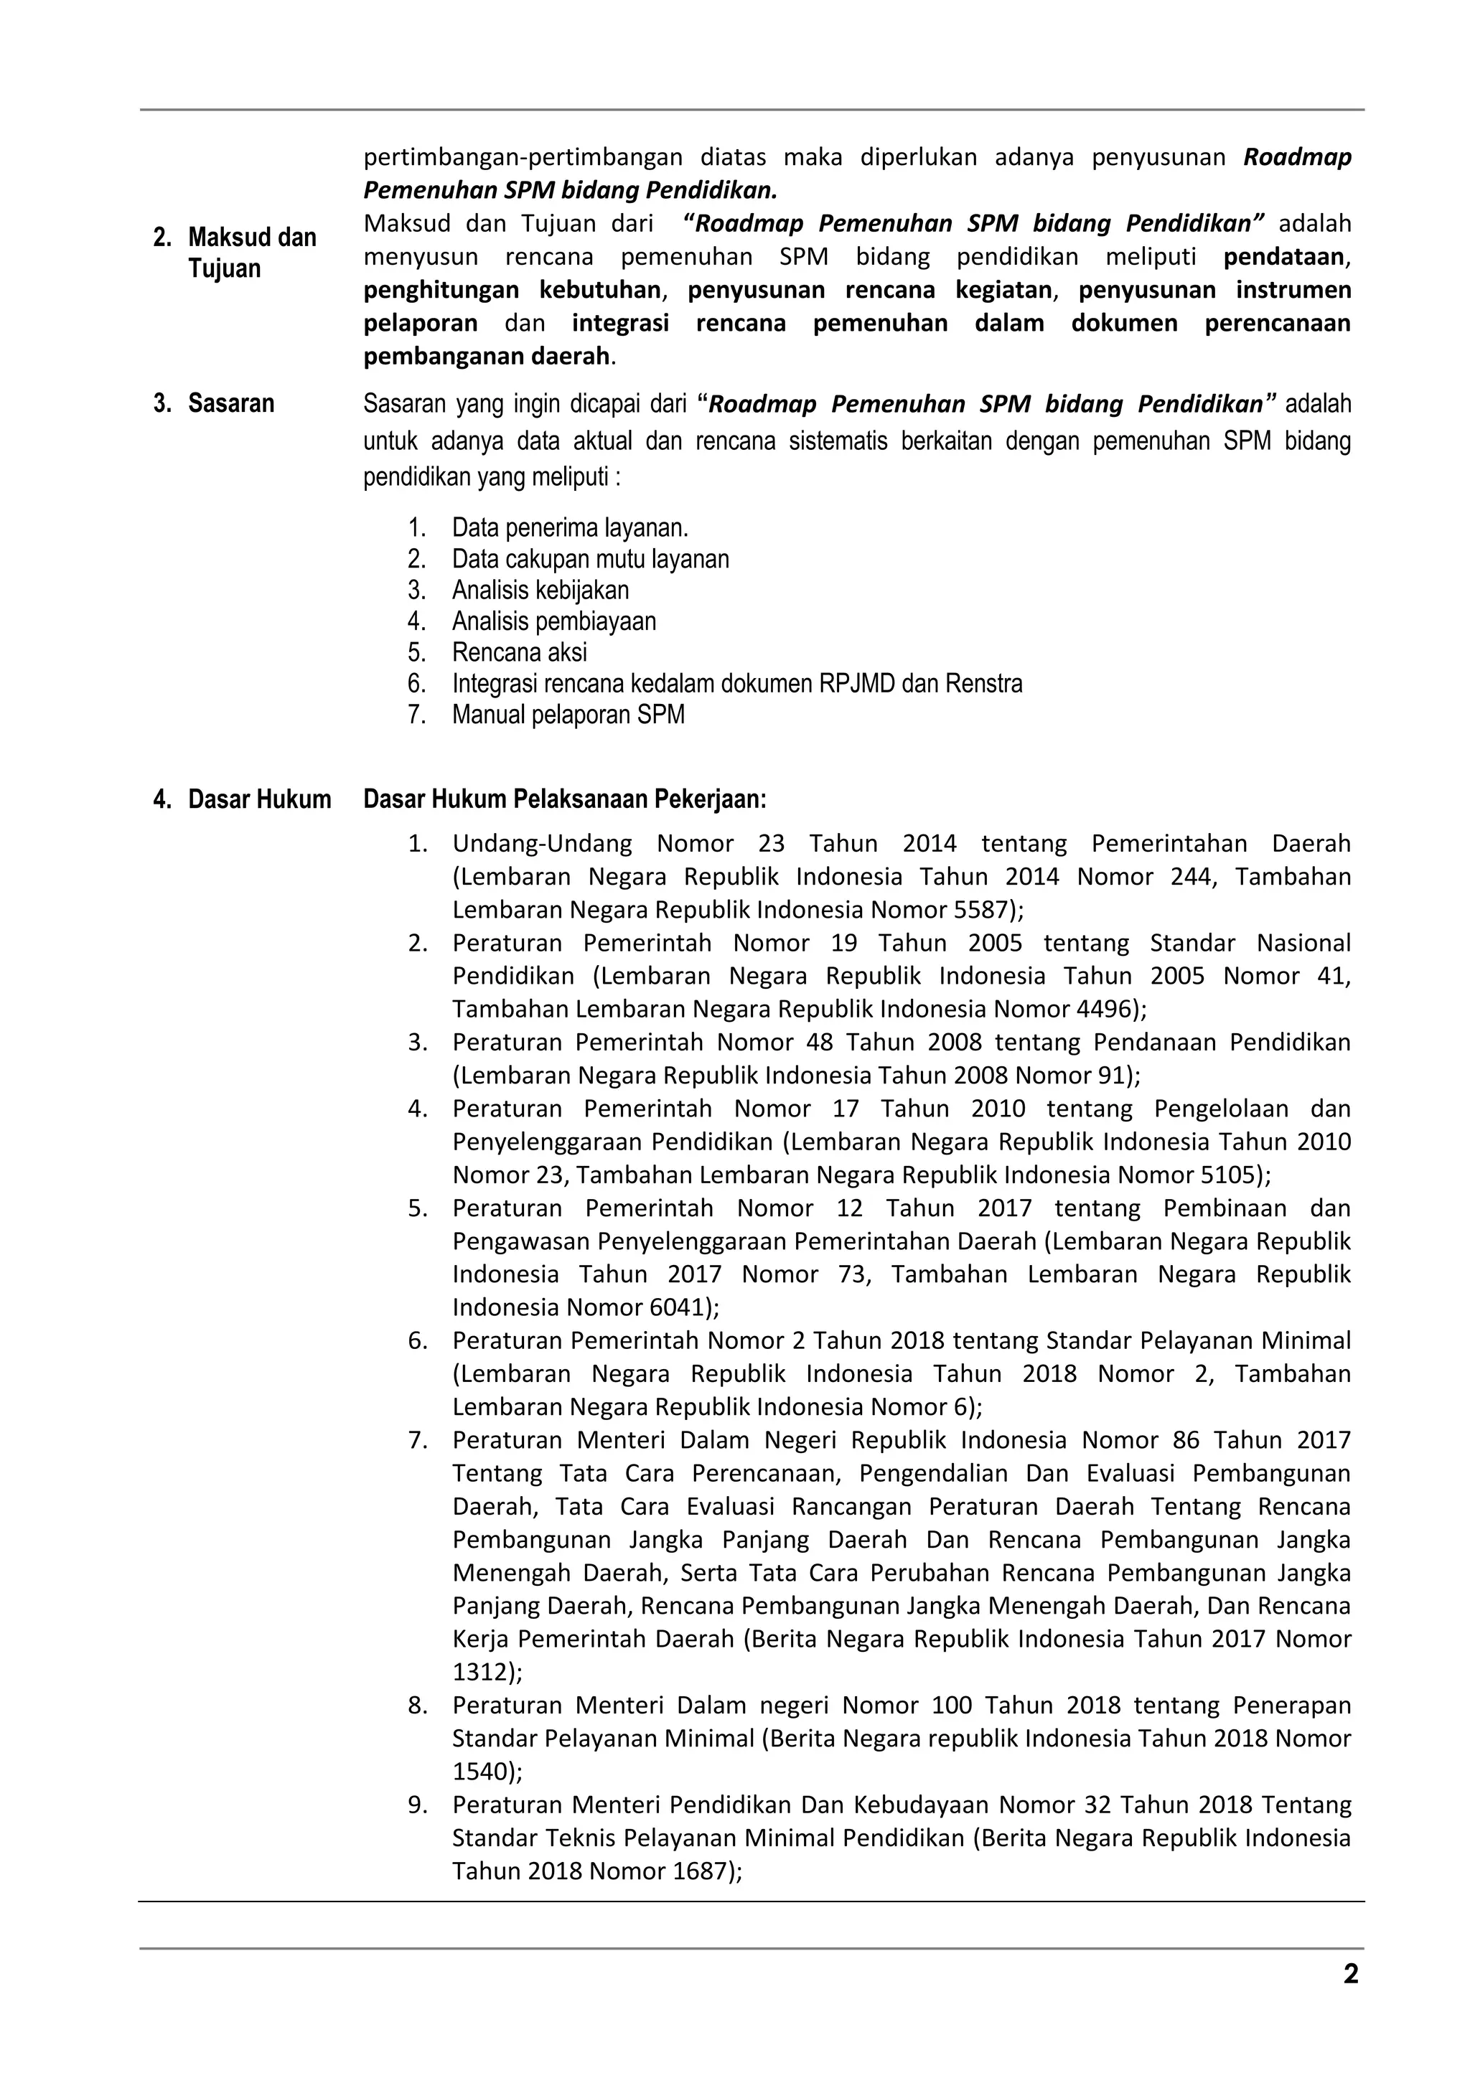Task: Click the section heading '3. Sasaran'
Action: pos(214,404)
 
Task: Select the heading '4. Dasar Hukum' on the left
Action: pos(242,800)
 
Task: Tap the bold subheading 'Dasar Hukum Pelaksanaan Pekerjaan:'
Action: pos(565,800)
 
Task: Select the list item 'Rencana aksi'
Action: pos(520,652)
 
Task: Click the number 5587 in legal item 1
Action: pos(983,910)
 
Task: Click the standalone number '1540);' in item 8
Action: pos(487,1772)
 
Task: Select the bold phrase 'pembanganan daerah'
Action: pos(486,357)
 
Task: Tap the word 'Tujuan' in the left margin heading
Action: pos(225,269)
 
